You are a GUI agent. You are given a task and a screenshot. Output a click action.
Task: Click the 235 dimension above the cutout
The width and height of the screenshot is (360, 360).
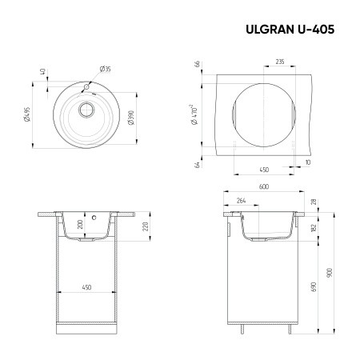point(279,62)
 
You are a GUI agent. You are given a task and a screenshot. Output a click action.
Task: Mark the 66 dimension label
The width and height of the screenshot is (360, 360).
point(195,65)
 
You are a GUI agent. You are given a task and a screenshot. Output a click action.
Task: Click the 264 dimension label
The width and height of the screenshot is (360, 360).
point(242,201)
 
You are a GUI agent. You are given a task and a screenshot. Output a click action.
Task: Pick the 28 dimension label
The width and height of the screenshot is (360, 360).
point(314,202)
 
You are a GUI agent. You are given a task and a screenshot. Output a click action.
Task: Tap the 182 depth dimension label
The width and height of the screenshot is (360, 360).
point(314,227)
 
